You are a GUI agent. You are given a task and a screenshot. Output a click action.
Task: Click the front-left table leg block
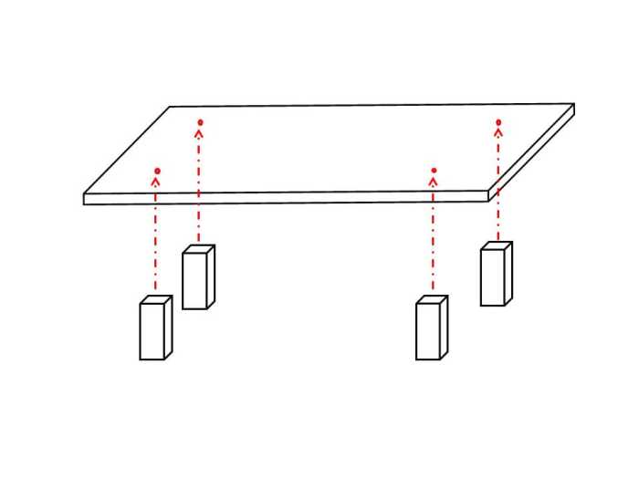click(155, 328)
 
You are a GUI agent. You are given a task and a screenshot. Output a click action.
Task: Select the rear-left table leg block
click(197, 278)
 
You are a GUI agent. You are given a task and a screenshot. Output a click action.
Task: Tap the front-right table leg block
click(431, 328)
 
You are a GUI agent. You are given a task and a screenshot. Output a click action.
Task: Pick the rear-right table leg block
click(496, 275)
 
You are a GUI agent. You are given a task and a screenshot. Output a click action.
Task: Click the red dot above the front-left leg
click(157, 171)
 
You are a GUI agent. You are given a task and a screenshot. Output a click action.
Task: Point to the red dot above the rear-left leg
click(200, 121)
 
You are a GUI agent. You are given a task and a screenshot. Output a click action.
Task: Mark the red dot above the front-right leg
click(434, 171)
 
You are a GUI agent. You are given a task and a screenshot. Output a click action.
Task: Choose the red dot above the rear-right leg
click(498, 121)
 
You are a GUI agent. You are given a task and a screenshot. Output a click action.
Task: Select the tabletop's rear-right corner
click(572, 104)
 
